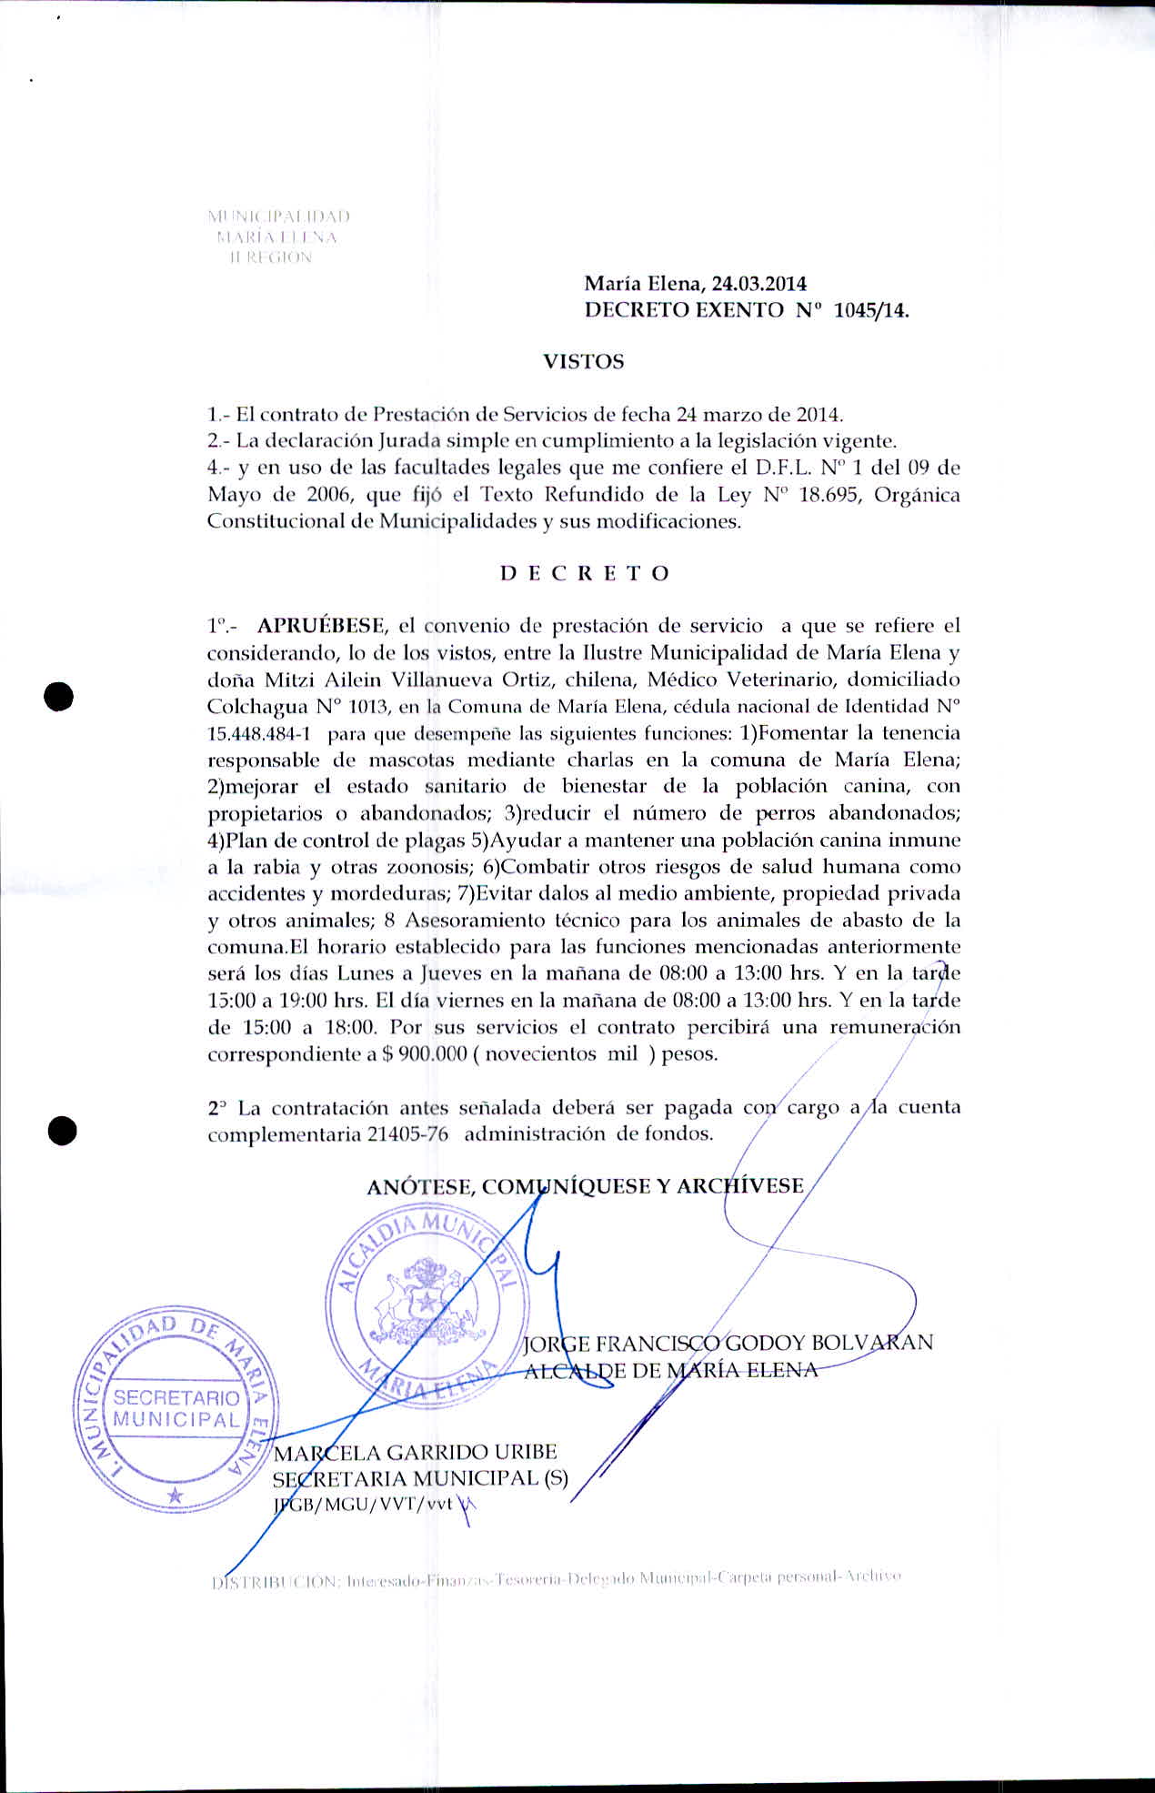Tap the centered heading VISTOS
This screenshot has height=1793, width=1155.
click(x=583, y=362)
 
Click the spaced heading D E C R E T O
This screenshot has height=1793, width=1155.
click(x=585, y=573)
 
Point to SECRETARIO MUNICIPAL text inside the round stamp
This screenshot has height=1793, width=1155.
click(x=177, y=1409)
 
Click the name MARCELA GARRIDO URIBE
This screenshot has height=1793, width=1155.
click(x=415, y=1453)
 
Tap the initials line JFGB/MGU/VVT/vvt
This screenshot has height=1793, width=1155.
click(x=364, y=1504)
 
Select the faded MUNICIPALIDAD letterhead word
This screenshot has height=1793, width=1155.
click(x=279, y=217)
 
